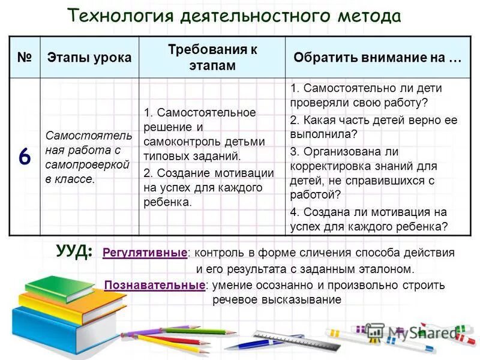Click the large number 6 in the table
24,157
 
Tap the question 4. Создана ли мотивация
368,219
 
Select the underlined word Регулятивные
145,253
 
